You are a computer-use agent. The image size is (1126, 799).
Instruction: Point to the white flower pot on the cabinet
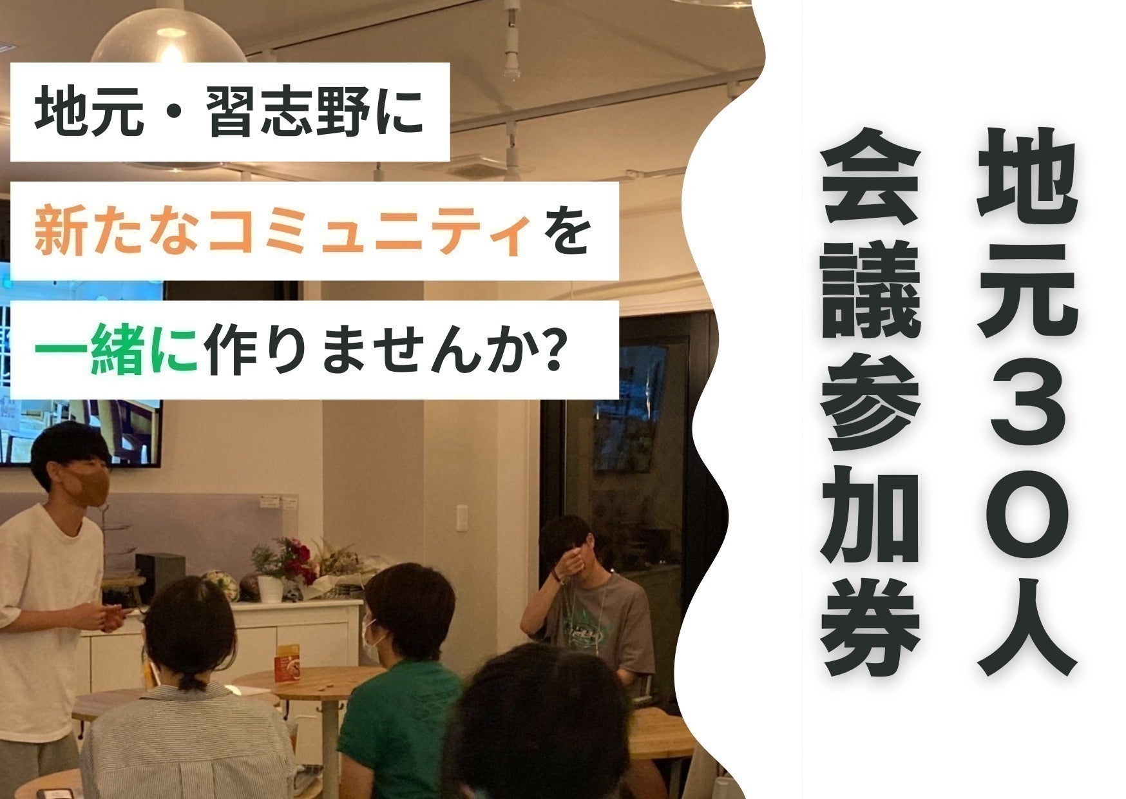click(x=270, y=588)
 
